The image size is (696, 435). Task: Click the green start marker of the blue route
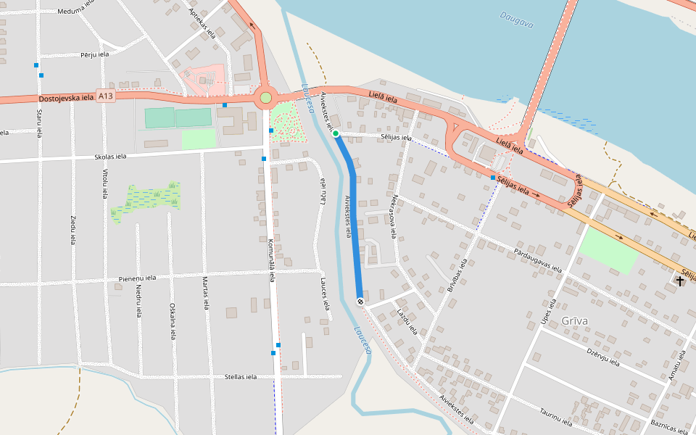(x=336, y=133)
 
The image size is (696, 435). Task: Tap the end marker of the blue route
(x=360, y=301)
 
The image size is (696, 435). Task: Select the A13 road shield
(x=106, y=96)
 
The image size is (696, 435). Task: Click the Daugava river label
(x=517, y=20)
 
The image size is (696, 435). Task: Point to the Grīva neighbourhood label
(x=574, y=320)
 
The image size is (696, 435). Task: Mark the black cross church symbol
(x=679, y=280)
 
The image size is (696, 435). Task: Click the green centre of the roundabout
(x=265, y=97)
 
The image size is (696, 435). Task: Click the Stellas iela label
(x=241, y=377)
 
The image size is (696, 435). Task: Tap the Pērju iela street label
(x=95, y=54)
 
